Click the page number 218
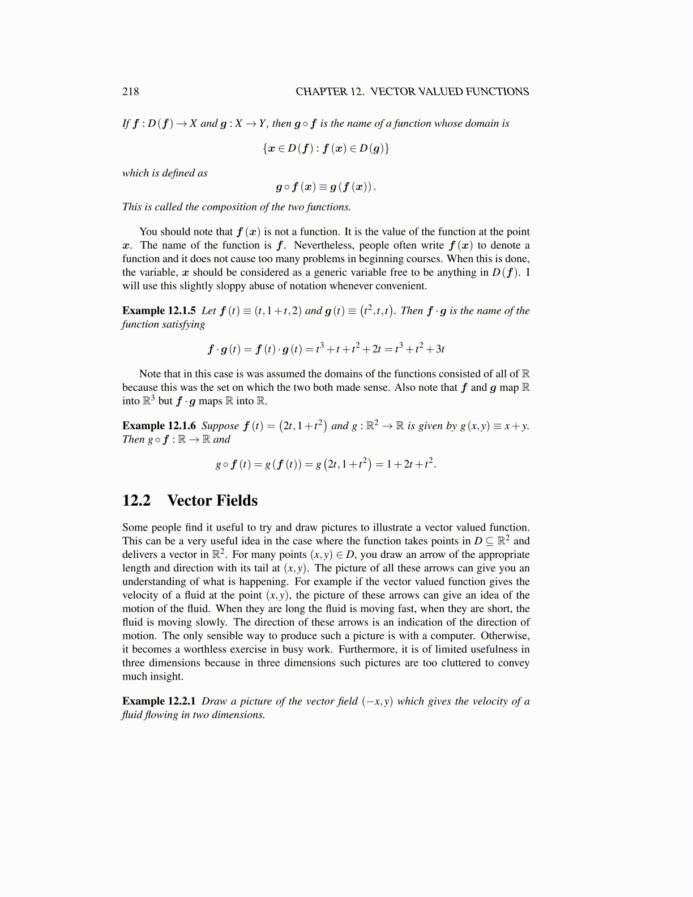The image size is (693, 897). [130, 92]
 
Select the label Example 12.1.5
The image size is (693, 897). [159, 311]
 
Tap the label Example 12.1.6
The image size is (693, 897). [159, 426]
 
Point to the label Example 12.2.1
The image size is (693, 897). [159, 702]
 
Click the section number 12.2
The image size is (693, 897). [136, 501]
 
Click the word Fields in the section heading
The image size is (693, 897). [237, 501]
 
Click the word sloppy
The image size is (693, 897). [216, 286]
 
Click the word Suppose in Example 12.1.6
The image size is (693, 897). [220, 426]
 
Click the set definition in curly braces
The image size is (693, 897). [326, 149]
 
